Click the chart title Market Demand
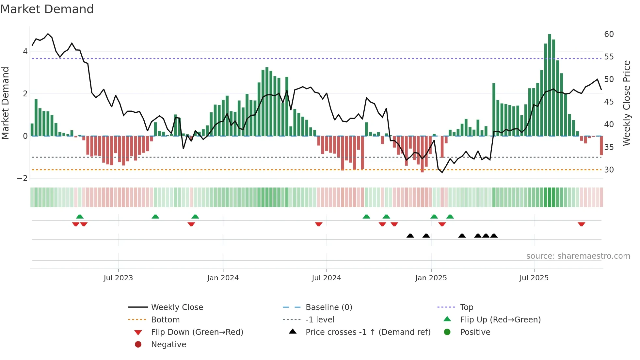(47, 9)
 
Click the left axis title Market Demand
(6, 103)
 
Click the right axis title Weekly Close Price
(626, 103)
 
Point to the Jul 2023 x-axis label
(118, 278)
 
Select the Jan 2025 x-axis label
(431, 278)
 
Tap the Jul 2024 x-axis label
(326, 278)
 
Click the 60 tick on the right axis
(609, 34)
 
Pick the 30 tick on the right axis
(609, 170)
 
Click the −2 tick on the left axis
(22, 178)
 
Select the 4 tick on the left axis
(25, 52)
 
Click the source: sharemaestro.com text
(578, 256)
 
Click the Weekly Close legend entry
(177, 307)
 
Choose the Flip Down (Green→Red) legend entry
(197, 332)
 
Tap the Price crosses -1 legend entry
(368, 332)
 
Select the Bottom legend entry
(165, 320)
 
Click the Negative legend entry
(168, 345)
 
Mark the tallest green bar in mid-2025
(550, 85)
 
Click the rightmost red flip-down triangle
(581, 224)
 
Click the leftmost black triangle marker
(410, 236)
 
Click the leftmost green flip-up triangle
(80, 216)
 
